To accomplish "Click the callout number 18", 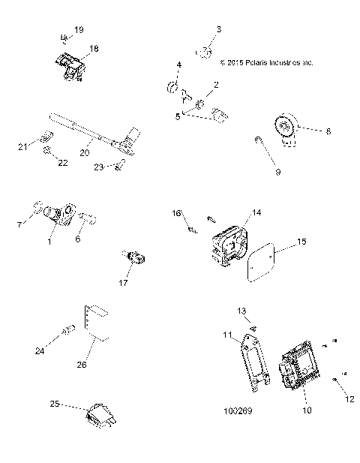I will pos(94,47).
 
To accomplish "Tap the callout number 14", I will pos(256,213).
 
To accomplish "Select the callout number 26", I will pos(82,365).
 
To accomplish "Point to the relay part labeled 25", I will pos(100,415).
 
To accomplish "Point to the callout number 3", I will pos(219,29).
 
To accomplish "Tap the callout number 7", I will pos(19,224).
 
